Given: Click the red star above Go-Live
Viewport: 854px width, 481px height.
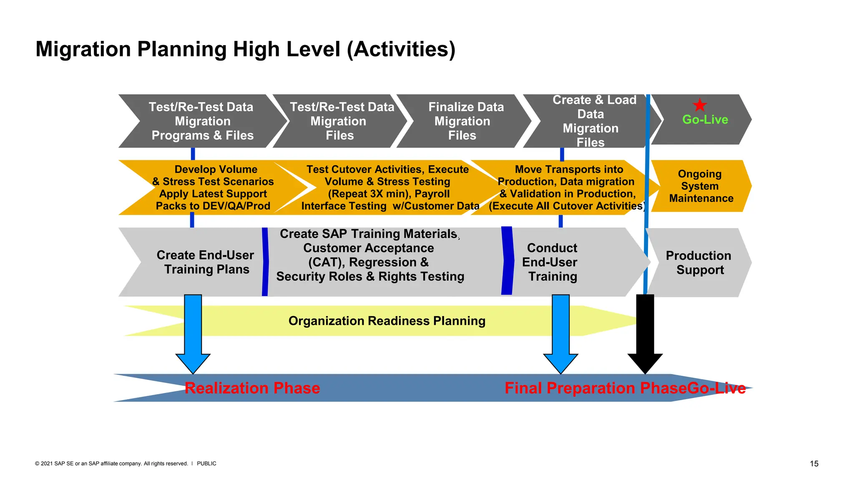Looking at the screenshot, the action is pyautogui.click(x=700, y=105).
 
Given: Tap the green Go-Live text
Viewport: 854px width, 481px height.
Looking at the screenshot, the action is pyautogui.click(x=705, y=120).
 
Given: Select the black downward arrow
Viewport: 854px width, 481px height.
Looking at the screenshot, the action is pyautogui.click(x=645, y=334).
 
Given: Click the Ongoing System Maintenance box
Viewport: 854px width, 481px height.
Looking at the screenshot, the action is pyautogui.click(x=701, y=186).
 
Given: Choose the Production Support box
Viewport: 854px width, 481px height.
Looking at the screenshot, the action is pyautogui.click(x=699, y=263).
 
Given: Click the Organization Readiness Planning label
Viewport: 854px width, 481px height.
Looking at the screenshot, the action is pyautogui.click(x=387, y=321).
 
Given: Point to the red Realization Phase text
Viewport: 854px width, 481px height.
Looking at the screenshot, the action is pyautogui.click(x=252, y=388).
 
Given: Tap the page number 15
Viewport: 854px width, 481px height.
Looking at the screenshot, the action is pyautogui.click(x=814, y=463).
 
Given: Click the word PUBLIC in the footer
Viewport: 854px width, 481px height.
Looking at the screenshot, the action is pyautogui.click(x=206, y=463).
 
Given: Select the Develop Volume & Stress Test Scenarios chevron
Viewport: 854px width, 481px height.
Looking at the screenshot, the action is pyautogui.click(x=213, y=187).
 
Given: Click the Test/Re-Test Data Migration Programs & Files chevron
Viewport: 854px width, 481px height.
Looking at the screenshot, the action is pyautogui.click(x=202, y=121).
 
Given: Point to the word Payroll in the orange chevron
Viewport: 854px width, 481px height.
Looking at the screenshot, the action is pyautogui.click(x=432, y=194).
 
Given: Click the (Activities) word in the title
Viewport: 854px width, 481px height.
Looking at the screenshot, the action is pyautogui.click(x=401, y=49).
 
